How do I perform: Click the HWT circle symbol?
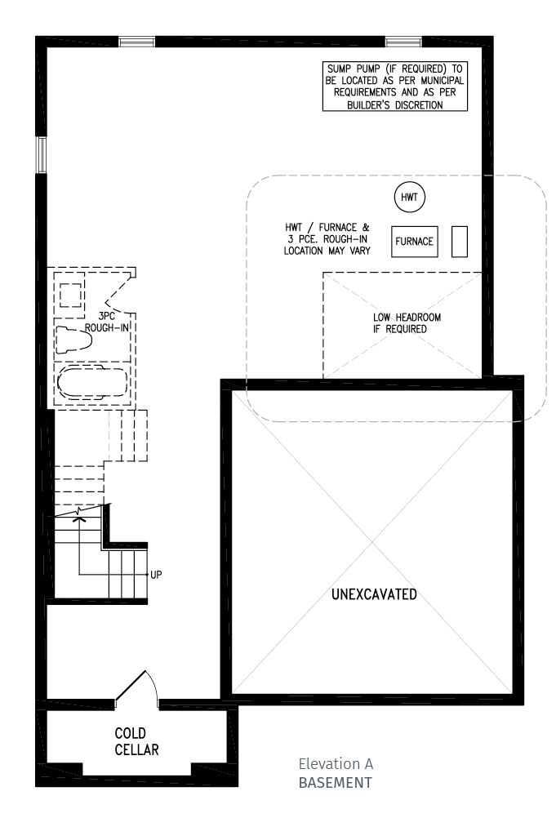(409, 198)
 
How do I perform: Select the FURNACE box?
(415, 242)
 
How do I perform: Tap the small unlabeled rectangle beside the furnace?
(460, 242)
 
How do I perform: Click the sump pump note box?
(395, 87)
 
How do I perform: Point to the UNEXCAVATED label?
(374, 594)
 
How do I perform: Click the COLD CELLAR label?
(136, 741)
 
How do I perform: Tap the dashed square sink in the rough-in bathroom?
(70, 296)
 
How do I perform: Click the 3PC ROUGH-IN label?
(107, 322)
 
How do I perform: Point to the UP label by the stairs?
(156, 575)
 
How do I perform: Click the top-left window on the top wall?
(136, 42)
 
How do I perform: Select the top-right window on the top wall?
(403, 42)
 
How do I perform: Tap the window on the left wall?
(41, 155)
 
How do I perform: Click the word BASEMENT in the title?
(336, 783)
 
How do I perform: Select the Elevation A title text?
(336, 764)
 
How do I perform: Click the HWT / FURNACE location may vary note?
(327, 239)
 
